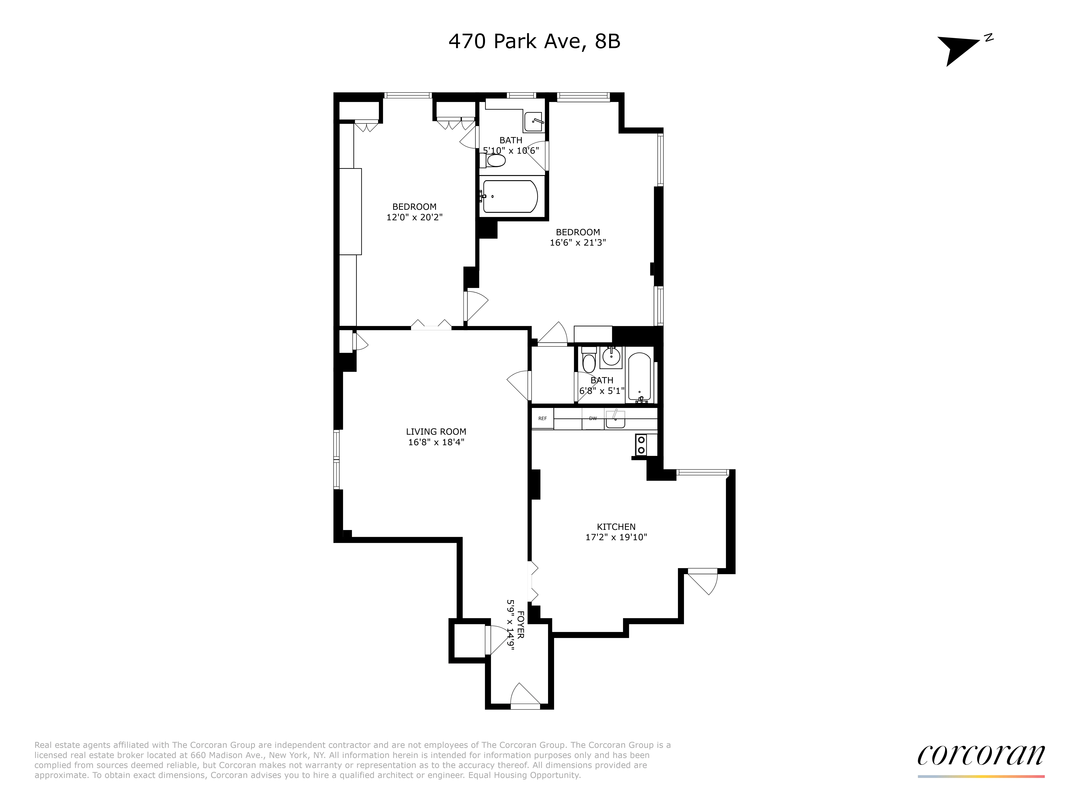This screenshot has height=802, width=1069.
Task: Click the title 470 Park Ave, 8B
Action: (534, 42)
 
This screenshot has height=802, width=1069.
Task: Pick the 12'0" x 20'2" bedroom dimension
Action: (414, 218)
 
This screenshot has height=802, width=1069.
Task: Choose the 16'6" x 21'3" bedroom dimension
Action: (577, 243)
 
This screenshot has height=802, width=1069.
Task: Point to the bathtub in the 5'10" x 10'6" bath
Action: (510, 196)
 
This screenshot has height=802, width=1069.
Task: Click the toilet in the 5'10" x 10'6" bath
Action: (494, 161)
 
